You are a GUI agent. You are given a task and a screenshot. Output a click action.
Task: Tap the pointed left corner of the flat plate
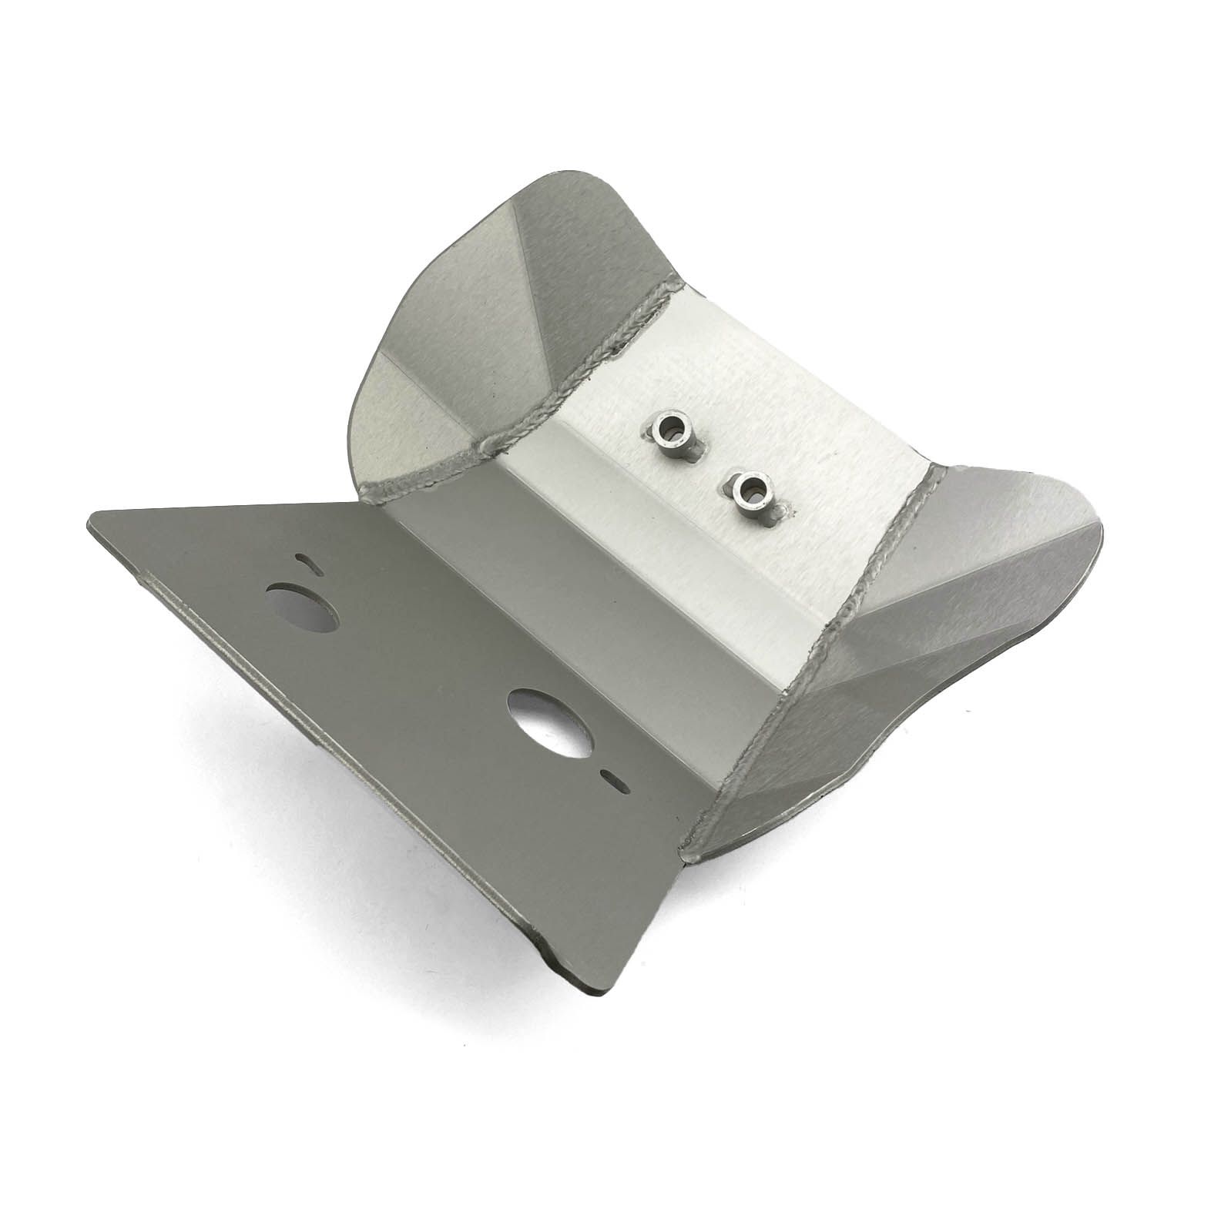[x=91, y=524]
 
